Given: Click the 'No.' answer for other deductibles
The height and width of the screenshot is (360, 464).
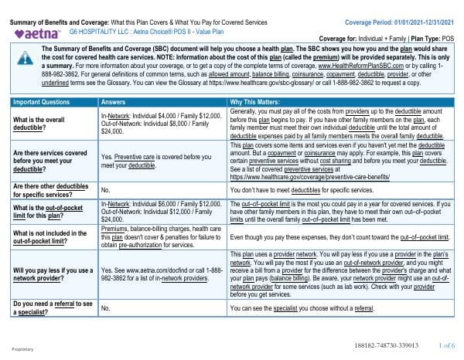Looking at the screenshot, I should click(107, 188).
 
